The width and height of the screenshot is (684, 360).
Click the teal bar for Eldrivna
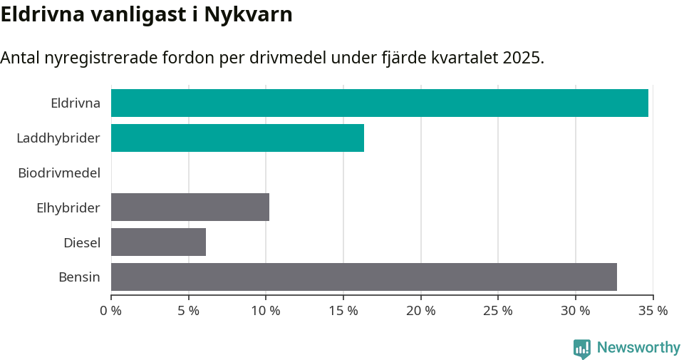tap(379, 103)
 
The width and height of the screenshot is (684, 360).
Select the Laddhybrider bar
tap(237, 138)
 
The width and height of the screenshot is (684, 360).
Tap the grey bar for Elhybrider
tap(190, 207)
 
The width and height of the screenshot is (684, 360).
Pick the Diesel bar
tap(158, 242)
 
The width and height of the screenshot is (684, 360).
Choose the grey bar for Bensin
tap(363, 277)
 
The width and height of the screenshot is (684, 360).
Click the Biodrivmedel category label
tap(59, 173)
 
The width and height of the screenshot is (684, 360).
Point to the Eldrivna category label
tap(76, 103)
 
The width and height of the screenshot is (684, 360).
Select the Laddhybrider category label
tap(58, 138)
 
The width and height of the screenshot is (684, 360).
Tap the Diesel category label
tap(82, 242)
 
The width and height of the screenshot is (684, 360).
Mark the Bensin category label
tap(79, 277)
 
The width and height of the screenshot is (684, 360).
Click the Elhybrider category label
tap(68, 207)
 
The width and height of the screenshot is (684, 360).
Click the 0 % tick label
tap(111, 311)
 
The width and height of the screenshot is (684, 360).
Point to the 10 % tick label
tap(266, 311)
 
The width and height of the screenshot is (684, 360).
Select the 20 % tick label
tap(421, 311)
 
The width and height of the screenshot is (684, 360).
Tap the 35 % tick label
tap(653, 311)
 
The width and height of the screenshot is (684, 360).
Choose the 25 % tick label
tap(498, 311)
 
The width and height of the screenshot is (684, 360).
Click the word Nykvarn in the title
tap(249, 14)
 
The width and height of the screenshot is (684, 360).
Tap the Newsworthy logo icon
tap(582, 349)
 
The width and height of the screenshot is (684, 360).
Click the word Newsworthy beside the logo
tap(638, 348)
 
